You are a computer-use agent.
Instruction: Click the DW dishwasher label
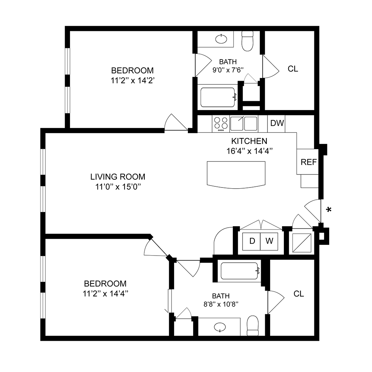click(277, 123)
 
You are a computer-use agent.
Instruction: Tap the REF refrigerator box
click(308, 162)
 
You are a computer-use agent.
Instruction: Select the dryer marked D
click(252, 241)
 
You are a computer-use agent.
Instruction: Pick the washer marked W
click(269, 241)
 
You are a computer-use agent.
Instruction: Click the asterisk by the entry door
click(328, 210)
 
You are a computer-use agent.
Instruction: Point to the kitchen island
click(236, 174)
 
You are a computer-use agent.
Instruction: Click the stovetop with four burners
click(221, 123)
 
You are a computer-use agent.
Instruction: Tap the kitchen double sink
click(244, 123)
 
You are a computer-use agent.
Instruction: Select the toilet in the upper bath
click(247, 41)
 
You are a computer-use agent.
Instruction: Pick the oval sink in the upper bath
click(221, 38)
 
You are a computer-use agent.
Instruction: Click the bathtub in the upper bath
click(218, 97)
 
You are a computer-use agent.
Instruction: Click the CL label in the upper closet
click(293, 69)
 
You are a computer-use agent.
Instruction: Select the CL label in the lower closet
click(299, 294)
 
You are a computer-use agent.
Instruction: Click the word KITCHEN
click(249, 141)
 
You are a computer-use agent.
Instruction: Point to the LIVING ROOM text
click(118, 177)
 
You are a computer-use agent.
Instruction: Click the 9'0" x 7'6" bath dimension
click(227, 69)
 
